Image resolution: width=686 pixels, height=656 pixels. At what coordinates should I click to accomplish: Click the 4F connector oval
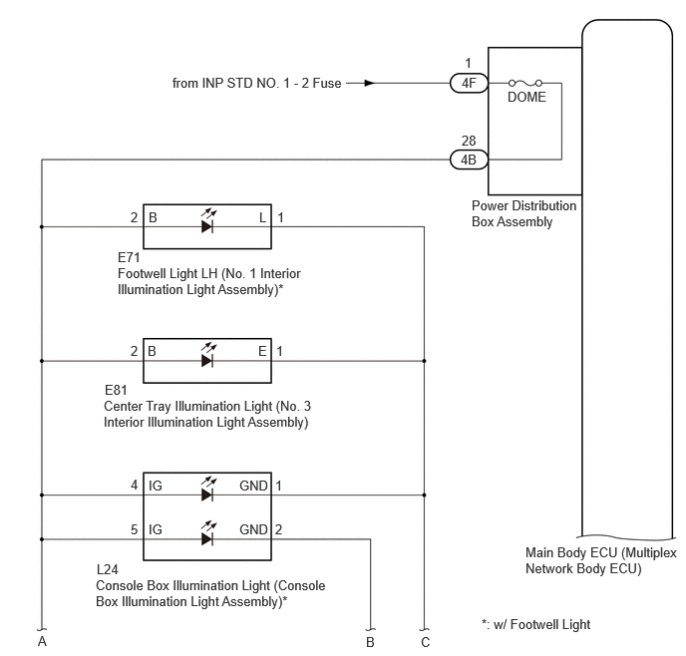(x=469, y=83)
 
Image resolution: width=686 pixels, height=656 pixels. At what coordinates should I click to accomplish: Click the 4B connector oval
(x=469, y=160)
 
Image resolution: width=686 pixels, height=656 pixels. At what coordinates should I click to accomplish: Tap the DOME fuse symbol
(x=525, y=83)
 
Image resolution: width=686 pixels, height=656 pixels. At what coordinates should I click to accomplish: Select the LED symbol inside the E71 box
(x=207, y=221)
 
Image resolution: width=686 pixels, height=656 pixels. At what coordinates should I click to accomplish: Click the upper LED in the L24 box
(x=207, y=490)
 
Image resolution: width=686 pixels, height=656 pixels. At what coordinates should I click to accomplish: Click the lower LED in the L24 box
(x=207, y=533)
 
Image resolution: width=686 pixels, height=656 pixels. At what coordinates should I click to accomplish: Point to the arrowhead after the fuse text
(x=370, y=83)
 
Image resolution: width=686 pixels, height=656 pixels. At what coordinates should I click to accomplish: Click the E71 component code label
(x=129, y=257)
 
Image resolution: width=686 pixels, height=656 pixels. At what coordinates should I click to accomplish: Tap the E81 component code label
(x=116, y=390)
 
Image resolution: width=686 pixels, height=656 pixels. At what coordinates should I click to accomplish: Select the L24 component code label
(x=108, y=569)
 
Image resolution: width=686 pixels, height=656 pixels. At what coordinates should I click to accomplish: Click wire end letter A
(x=42, y=642)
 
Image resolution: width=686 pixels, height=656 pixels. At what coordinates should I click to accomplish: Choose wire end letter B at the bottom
(x=370, y=642)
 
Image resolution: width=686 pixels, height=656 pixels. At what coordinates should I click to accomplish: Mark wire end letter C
(x=425, y=642)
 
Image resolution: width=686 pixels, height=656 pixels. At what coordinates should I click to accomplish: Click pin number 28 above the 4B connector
(x=469, y=141)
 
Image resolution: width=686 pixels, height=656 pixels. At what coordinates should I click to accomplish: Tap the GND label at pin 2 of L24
(x=253, y=529)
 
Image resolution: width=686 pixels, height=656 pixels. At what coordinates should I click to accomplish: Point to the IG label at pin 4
(x=156, y=486)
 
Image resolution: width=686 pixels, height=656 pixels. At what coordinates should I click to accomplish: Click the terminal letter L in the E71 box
(x=262, y=217)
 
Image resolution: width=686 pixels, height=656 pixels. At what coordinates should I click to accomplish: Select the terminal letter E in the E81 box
(x=262, y=351)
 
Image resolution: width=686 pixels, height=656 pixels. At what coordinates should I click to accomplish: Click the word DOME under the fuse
(x=526, y=97)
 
